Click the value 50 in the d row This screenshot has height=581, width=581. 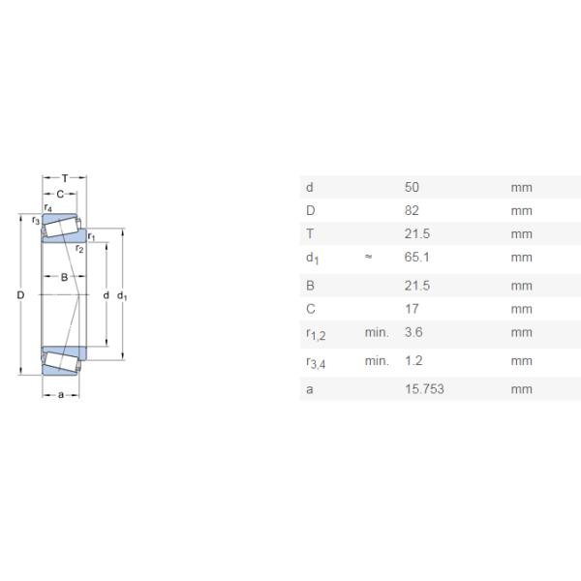tap(412, 187)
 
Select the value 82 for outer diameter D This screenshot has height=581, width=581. tap(412, 210)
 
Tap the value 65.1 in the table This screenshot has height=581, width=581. tap(416, 258)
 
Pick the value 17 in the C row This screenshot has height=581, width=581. tap(412, 309)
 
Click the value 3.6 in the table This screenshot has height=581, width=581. tap(413, 332)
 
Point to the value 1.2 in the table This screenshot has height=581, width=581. tap(413, 360)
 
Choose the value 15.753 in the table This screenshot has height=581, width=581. tap(424, 388)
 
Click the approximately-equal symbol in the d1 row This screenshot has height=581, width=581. tap(368, 257)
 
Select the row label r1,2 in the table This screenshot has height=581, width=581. tap(316, 334)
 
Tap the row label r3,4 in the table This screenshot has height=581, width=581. tap(316, 363)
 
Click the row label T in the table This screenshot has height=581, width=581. tap(310, 233)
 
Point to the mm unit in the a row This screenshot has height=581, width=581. tap(521, 389)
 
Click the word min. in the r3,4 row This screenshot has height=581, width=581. tap(377, 360)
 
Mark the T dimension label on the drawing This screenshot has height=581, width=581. tap(65, 178)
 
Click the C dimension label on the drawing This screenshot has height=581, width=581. tap(60, 194)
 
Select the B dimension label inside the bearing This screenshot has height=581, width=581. tap(64, 277)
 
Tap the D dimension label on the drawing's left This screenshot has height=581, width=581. tap(20, 295)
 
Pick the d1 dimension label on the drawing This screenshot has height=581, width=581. tap(122, 296)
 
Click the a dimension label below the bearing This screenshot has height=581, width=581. tap(61, 395)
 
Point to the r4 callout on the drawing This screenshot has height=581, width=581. tap(47, 207)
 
